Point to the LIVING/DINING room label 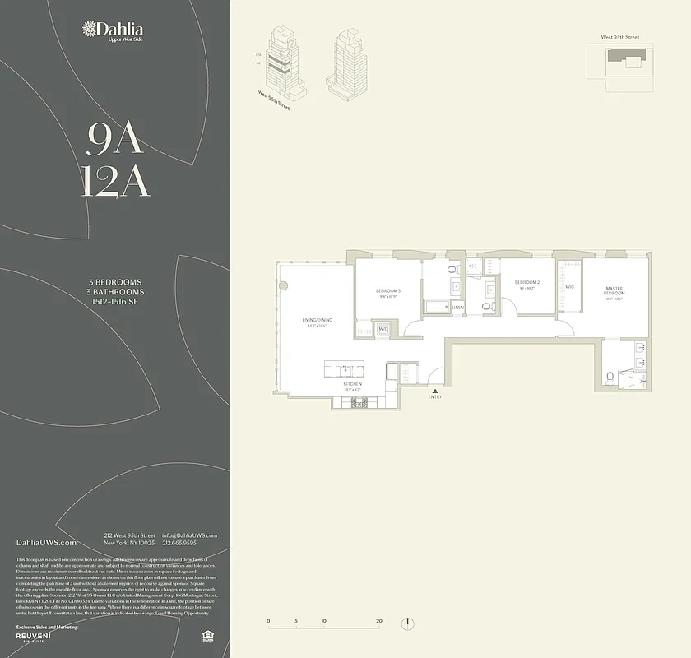click(x=315, y=320)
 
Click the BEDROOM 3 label click(x=388, y=291)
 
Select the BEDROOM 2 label click(x=526, y=283)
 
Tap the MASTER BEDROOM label click(x=614, y=290)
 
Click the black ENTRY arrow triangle click(x=434, y=390)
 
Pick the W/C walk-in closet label click(x=569, y=287)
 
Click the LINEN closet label click(x=457, y=308)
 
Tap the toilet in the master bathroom click(x=610, y=378)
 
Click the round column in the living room click(x=284, y=285)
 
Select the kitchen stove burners click(x=359, y=402)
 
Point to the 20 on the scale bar click(x=378, y=620)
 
